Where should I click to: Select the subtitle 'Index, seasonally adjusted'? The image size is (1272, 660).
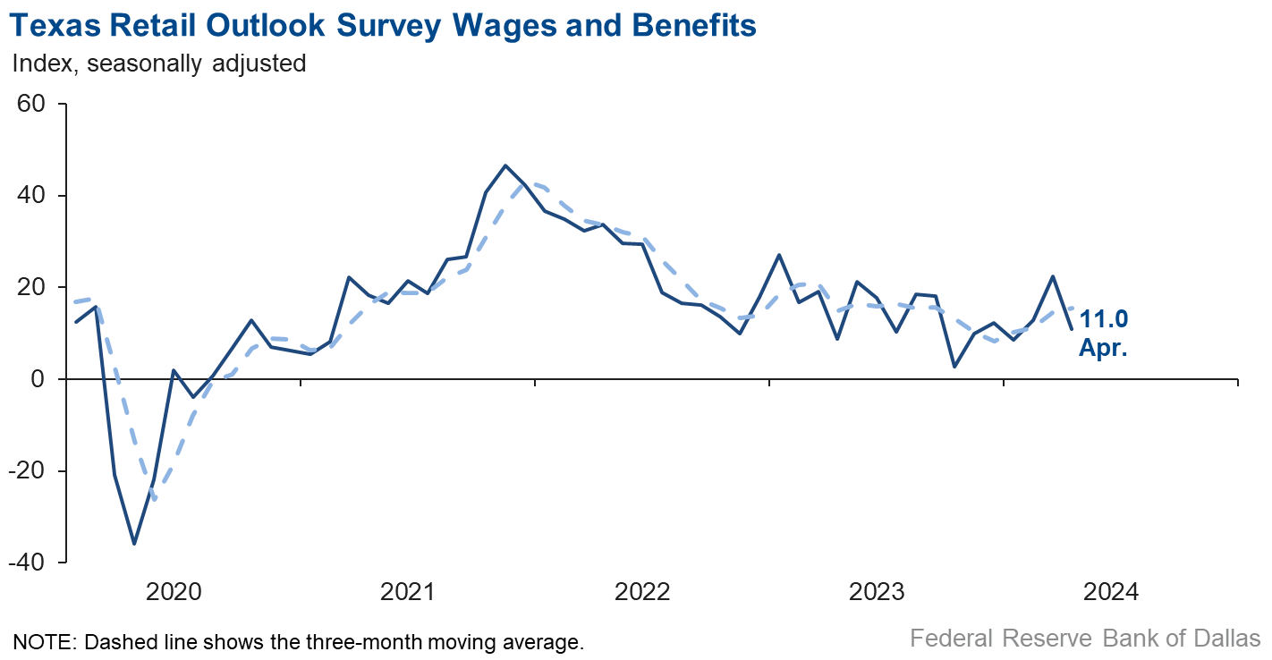coord(158,63)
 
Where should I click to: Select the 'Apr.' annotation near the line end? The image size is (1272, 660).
coord(1102,348)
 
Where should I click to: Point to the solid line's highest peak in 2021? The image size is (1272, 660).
coord(505,165)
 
